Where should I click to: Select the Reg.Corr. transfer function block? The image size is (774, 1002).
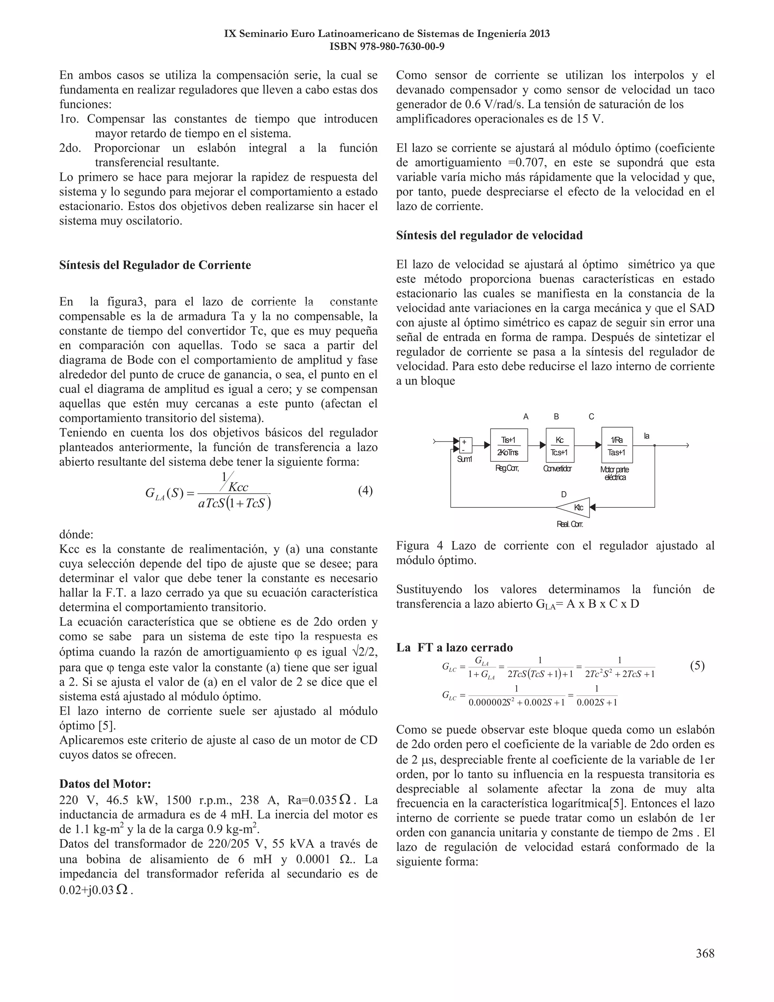[509, 445]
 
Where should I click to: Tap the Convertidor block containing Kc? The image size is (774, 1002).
[560, 445]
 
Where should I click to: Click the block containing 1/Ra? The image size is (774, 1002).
[617, 445]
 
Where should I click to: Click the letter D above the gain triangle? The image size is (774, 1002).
[563, 494]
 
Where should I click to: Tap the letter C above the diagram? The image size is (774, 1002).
[591, 417]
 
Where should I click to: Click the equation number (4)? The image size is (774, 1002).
[365, 491]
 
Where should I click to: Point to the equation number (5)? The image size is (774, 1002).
[697, 666]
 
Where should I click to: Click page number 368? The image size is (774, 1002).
[705, 953]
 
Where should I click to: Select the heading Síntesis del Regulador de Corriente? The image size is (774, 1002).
[155, 265]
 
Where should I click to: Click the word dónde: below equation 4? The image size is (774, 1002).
[76, 535]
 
